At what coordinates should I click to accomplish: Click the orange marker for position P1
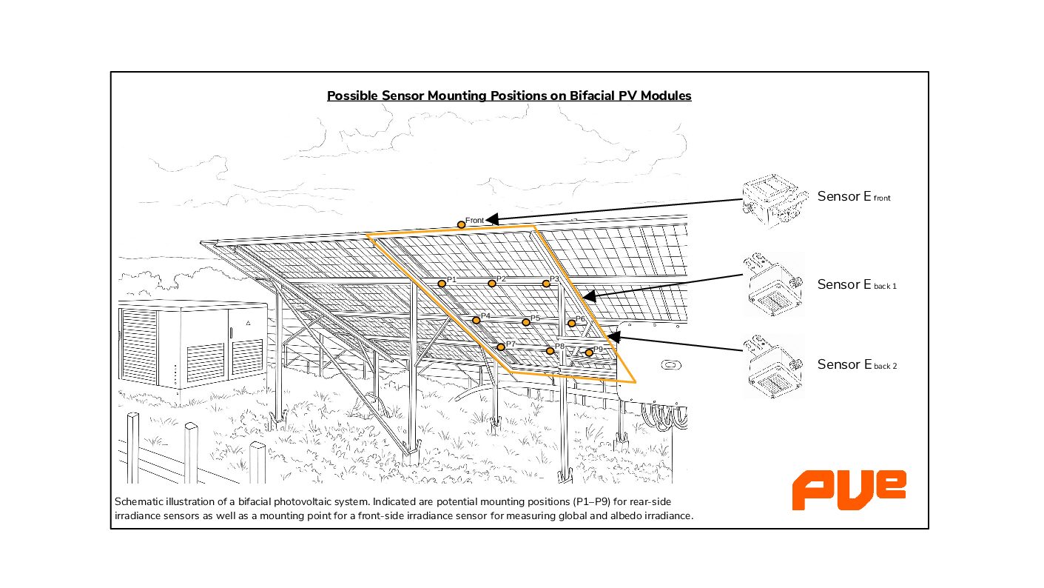442,284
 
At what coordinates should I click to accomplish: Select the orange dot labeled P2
492,284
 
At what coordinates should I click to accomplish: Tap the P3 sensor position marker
546,284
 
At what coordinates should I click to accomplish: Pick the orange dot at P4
476,321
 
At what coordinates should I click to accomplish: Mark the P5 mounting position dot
526,322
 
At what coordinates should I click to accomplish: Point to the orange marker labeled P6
572,324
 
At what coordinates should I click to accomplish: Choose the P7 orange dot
501,347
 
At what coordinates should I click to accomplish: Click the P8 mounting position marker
550,351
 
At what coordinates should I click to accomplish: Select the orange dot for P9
589,353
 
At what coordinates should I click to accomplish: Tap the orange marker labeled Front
461,224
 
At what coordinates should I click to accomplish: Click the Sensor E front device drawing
773,200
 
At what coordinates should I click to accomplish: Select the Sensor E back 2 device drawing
773,364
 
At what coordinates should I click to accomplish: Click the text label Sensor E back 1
856,284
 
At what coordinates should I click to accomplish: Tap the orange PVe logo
849,489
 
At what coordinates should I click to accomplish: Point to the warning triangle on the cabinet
249,324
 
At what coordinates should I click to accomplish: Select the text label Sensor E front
854,197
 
